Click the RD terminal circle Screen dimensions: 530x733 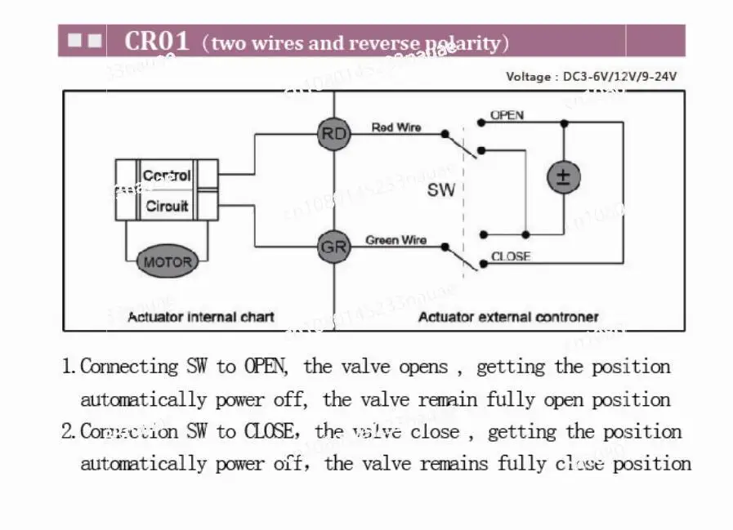[333, 134]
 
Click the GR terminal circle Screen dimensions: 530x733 [333, 246]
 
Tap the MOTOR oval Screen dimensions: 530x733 [168, 262]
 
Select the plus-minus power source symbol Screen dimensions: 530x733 [563, 177]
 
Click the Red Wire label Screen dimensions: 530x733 [396, 127]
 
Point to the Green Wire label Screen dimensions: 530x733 [396, 240]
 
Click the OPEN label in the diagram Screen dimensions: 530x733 [507, 115]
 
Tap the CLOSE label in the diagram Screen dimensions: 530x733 [511, 256]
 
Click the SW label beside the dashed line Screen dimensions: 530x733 [440, 190]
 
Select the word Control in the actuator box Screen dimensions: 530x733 [167, 176]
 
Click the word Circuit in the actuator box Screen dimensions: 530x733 [167, 207]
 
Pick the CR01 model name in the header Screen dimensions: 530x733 [157, 41]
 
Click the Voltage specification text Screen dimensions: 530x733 [591, 77]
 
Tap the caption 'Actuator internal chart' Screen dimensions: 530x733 [201, 317]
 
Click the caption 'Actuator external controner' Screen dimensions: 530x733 [508, 317]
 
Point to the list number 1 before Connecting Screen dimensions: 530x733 [69, 367]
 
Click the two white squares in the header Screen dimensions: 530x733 [84, 40]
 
